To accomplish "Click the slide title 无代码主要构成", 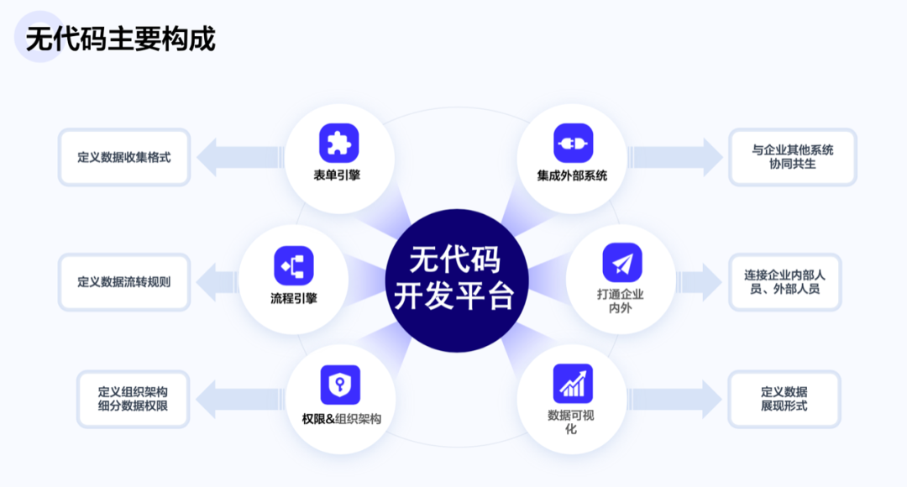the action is coord(120,39).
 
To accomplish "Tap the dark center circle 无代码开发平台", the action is coord(456,280).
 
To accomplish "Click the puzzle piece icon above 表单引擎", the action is coord(339,143).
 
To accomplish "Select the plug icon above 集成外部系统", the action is coord(574,143).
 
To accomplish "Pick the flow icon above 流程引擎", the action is coord(294,265).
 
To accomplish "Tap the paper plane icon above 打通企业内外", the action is coord(622,263).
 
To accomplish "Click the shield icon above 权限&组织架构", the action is coord(340,385).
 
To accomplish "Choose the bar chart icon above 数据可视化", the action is coord(573,384).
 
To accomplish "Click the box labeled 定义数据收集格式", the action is coord(124,157).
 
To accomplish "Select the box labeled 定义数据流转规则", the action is coord(124,282).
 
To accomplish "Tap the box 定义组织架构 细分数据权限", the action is coord(133,399).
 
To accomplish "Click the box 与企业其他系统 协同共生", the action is coord(793,157).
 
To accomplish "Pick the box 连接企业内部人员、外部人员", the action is coord(785,282).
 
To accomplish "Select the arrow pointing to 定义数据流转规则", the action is coord(217,282).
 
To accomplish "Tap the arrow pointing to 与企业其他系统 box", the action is coord(675,157).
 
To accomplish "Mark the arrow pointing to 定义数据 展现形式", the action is coord(675,399).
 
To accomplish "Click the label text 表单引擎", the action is coord(337,175).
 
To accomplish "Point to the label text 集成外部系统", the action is coord(572,175).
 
